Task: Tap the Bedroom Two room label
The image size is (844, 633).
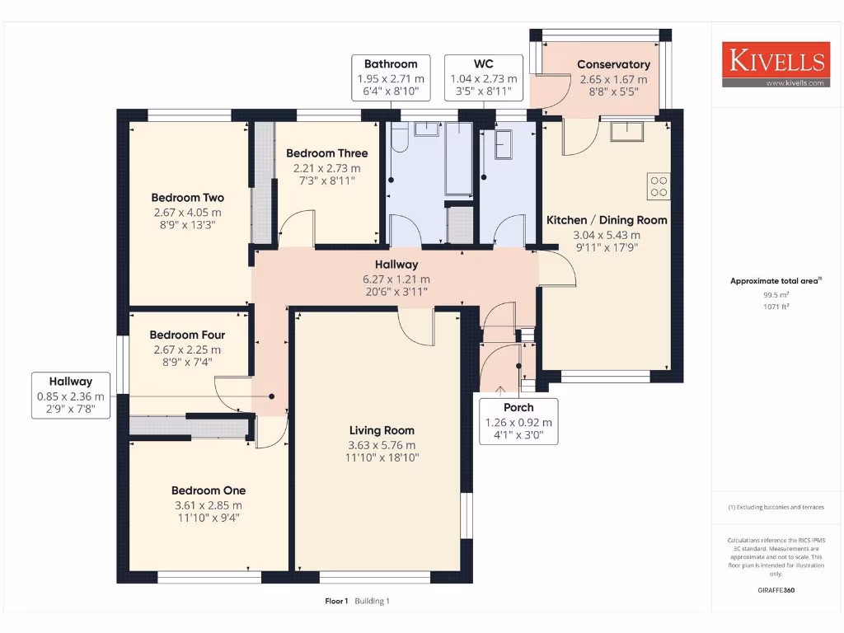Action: point(187,198)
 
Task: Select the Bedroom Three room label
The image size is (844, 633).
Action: point(326,153)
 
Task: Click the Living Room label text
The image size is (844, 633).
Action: point(382,430)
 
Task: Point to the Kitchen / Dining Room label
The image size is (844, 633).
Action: point(607,220)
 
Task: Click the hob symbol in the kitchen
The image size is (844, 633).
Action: point(659,186)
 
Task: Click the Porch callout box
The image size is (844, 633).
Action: point(518,421)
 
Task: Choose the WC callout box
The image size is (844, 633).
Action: point(483,77)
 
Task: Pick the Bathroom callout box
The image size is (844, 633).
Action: point(391,77)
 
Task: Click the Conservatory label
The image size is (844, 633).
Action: point(613,64)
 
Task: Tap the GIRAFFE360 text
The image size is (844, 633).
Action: point(776,590)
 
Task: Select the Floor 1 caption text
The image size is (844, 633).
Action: point(336,601)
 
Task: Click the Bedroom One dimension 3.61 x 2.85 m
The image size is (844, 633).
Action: point(208,505)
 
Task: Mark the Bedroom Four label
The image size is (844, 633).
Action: point(187,335)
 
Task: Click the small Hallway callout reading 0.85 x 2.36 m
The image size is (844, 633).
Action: point(70,395)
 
